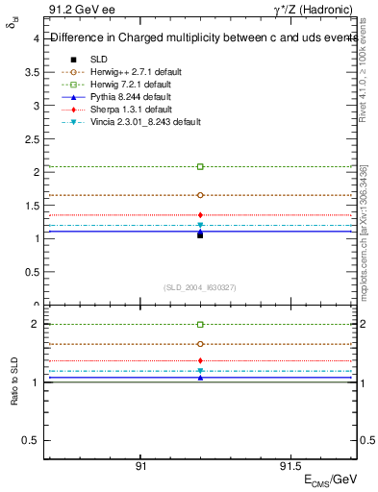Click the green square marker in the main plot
click(x=200, y=167)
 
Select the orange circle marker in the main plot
click(x=200, y=195)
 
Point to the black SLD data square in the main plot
click(x=200, y=234)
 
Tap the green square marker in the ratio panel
click(x=200, y=325)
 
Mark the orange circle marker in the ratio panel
click(x=200, y=343)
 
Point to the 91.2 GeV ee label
click(x=75, y=11)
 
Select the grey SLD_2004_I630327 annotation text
click(x=200, y=286)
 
